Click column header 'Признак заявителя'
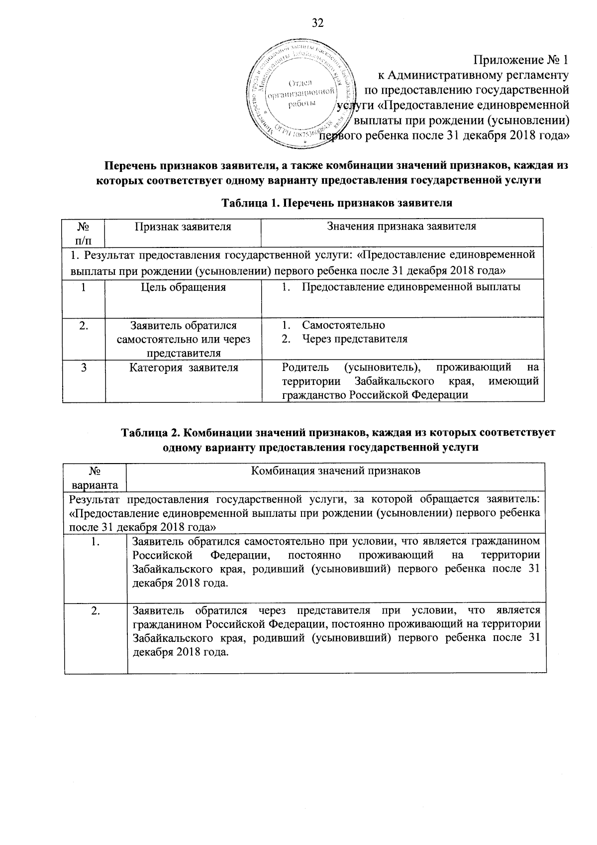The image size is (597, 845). (x=183, y=227)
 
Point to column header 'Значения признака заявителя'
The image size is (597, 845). (x=401, y=227)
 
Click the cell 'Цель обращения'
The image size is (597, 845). (x=183, y=287)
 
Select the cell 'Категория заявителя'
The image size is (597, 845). (x=183, y=368)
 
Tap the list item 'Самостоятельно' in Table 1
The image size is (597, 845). (x=343, y=325)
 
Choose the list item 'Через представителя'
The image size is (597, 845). (x=355, y=339)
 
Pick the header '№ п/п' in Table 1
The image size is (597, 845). (x=84, y=233)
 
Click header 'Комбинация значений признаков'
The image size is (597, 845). (x=336, y=471)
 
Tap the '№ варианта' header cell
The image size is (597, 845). (x=95, y=477)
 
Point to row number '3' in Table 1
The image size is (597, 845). (x=84, y=368)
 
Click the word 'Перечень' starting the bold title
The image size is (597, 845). (x=126, y=165)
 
